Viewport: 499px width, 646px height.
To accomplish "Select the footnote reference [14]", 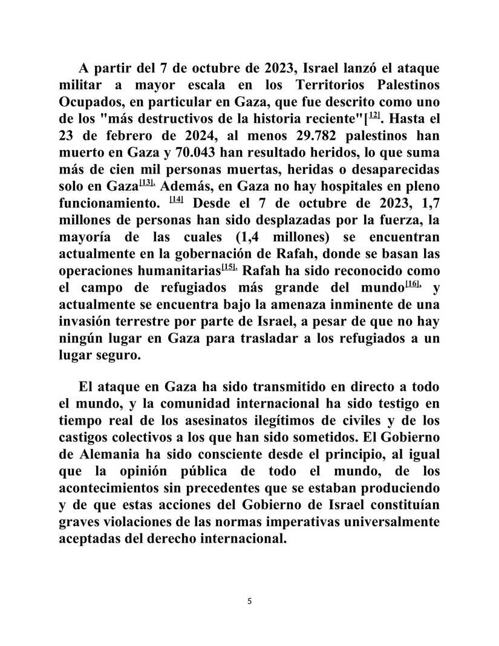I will click(x=177, y=199).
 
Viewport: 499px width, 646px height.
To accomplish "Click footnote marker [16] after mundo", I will click(x=413, y=284).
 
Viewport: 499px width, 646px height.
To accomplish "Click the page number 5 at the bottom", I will click(x=249, y=601).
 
